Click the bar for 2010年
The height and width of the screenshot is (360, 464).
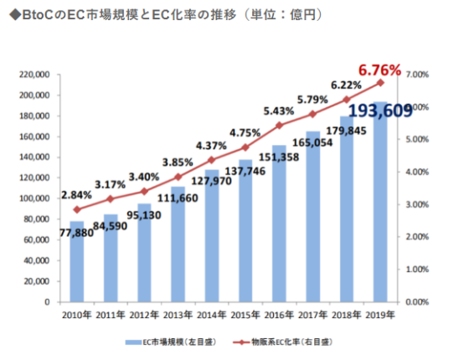pos(77,268)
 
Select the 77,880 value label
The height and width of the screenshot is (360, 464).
pos(76,234)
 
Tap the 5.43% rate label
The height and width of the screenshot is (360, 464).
pos(279,111)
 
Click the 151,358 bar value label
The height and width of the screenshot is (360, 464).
pos(279,156)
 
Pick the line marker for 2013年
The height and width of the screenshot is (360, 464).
pos(178,177)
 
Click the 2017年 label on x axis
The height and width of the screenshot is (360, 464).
pos(312,314)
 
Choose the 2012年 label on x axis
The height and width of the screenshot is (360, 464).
pos(144,314)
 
